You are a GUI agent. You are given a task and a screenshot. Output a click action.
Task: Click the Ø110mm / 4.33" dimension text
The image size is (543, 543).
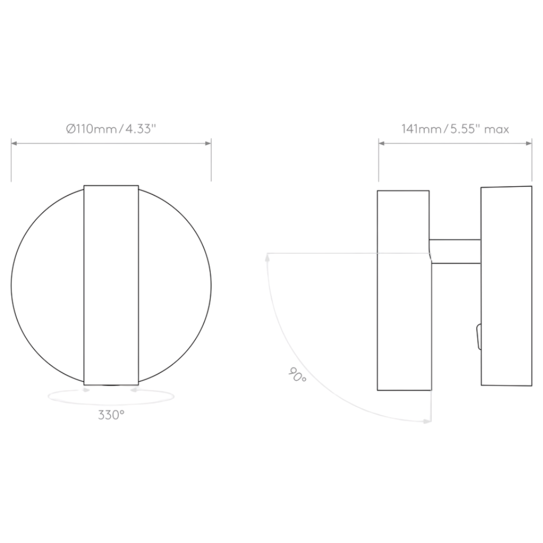coord(111,129)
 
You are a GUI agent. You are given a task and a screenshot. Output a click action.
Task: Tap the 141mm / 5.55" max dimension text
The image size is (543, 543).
coord(455,129)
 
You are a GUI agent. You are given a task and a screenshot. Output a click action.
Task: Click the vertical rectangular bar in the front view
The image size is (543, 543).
coord(111,285)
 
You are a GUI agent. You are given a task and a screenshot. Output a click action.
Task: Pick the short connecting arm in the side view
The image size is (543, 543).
coord(455,251)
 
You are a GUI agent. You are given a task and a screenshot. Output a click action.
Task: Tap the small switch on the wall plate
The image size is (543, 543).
coord(478,336)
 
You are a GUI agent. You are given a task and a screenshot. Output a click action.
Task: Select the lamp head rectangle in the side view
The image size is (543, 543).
coord(403,291)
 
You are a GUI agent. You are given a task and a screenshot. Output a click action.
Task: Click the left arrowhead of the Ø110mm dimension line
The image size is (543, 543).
coord(14,143)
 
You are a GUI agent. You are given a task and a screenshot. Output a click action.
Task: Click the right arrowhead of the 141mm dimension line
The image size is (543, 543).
coord(529,143)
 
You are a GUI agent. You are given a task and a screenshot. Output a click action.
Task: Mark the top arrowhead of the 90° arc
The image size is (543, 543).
coord(267,259)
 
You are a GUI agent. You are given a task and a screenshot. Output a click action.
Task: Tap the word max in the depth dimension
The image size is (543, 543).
coord(496,129)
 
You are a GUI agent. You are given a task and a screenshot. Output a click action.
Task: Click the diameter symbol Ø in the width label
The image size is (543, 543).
coord(70,129)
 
